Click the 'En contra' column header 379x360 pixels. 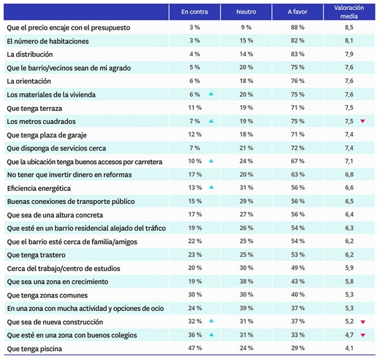[x=194, y=12]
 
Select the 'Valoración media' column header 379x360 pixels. [x=349, y=12]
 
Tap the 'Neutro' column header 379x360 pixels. [x=246, y=12]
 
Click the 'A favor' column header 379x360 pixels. [x=298, y=12]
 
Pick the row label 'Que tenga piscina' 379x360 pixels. [x=35, y=349]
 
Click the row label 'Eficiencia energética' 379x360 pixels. [x=39, y=188]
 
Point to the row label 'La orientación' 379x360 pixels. [x=29, y=81]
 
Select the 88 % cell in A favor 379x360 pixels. [x=298, y=27]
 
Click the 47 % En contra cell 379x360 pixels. [x=195, y=348]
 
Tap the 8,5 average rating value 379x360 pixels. [x=349, y=27]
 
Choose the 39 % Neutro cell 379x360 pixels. [x=246, y=308]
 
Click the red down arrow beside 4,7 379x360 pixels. [x=363, y=335]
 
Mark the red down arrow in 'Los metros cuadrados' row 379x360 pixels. [x=363, y=121]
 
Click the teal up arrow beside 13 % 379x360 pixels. [x=211, y=187]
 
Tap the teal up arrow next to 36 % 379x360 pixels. [x=211, y=335]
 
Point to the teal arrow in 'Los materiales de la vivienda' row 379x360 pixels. [x=211, y=94]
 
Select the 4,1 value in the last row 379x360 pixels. [x=349, y=348]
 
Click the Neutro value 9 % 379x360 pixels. [x=246, y=27]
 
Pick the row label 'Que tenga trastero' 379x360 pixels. [x=36, y=255]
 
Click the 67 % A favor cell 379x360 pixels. [x=298, y=161]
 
